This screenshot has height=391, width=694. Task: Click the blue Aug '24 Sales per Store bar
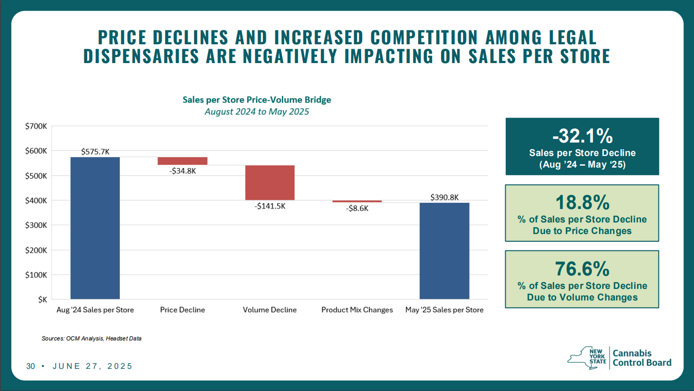[x=95, y=228]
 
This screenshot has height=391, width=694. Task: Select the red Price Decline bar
[x=183, y=161]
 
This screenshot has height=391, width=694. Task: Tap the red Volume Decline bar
[x=270, y=182]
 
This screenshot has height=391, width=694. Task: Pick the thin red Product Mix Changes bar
[x=357, y=201]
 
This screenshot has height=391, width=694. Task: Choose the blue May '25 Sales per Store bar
[x=445, y=251]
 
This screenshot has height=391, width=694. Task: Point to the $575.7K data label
[x=95, y=152]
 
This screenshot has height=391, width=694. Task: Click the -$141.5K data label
[x=270, y=206]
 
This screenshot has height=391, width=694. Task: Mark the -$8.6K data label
[x=357, y=209]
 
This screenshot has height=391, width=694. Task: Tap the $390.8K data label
[x=445, y=197]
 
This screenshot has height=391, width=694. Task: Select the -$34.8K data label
[x=183, y=170]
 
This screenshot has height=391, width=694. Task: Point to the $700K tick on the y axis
[x=36, y=126]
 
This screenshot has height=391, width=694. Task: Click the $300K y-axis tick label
[x=36, y=225]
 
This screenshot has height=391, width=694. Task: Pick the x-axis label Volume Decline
[x=270, y=310]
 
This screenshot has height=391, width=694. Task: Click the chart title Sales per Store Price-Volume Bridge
[x=257, y=100]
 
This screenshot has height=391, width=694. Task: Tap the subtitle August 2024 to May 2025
[x=257, y=112]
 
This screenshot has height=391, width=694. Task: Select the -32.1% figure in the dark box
[x=582, y=136]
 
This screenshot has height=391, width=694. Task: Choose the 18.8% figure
[x=582, y=203]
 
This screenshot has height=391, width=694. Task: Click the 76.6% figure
[x=582, y=269]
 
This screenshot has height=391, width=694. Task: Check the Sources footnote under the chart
[x=92, y=339]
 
